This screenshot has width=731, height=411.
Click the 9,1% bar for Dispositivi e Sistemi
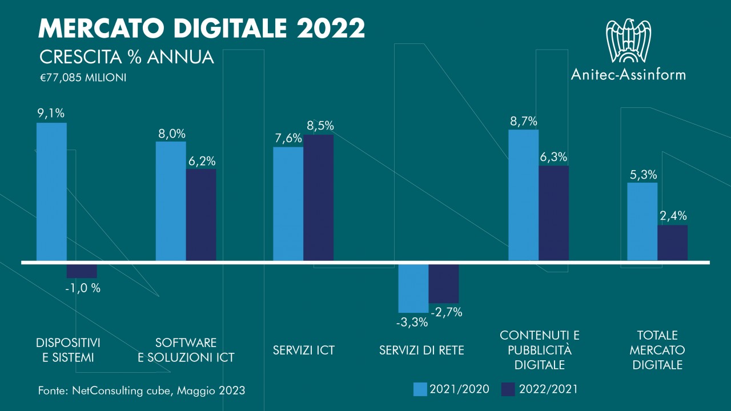click(51, 192)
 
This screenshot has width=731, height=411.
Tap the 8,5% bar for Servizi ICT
click(318, 198)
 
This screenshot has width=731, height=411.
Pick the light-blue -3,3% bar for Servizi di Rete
click(413, 288)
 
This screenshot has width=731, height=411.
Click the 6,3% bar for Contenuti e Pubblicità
click(553, 213)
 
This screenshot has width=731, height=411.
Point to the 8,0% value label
click(171, 134)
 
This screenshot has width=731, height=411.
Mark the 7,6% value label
click(288, 139)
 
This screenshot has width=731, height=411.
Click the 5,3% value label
click(642, 175)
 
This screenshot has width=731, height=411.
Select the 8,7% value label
click(523, 122)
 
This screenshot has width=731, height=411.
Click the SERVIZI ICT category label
click(303, 350)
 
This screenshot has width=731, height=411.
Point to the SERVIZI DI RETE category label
click(421, 350)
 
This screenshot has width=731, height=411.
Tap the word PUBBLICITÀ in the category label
click(540, 350)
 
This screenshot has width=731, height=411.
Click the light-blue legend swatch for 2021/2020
click(420, 389)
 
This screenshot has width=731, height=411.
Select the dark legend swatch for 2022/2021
click(508, 389)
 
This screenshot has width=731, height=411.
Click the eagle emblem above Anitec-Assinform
click(628, 41)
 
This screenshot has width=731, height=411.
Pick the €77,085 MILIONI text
click(82, 77)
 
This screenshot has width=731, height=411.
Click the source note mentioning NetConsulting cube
click(142, 390)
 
